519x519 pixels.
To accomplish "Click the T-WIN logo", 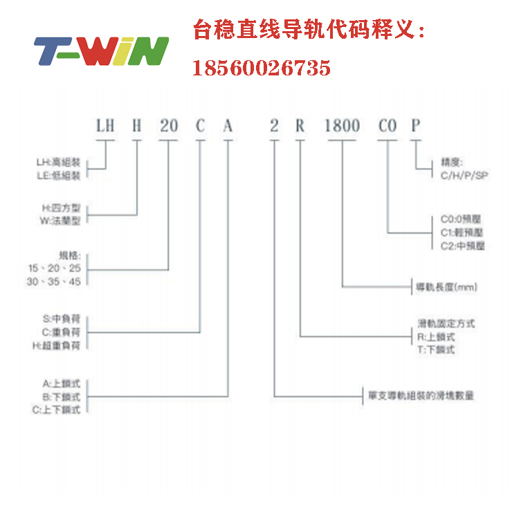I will tap(101, 51).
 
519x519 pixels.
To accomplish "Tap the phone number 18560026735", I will tap(261, 68).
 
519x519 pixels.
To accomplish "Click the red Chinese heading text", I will tap(308, 31).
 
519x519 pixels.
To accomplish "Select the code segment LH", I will tap(104, 126).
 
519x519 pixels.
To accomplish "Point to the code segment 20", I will tap(169, 126).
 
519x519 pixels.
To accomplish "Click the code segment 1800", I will tap(343, 126).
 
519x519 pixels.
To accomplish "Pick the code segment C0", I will tap(388, 126).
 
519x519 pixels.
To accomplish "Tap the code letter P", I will tap(415, 126).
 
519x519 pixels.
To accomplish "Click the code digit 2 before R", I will tap(274, 126).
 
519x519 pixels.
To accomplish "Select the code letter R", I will tap(300, 126).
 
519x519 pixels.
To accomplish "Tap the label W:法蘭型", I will tap(61, 221).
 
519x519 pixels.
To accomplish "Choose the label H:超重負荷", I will tap(61, 345).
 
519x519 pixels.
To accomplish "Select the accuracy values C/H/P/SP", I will tap(464, 176).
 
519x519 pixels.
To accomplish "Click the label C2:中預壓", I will tap(463, 246).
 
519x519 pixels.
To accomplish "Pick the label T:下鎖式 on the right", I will tap(437, 350).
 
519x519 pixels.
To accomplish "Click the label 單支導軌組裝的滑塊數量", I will tap(421, 397).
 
